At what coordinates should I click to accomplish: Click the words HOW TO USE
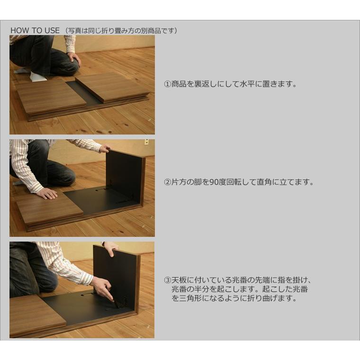click(x=35, y=30)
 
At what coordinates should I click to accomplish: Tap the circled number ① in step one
click(x=167, y=84)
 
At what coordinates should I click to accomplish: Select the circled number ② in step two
click(x=167, y=182)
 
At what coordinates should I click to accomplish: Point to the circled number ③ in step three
click(x=167, y=280)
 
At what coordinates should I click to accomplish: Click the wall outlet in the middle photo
click(x=146, y=142)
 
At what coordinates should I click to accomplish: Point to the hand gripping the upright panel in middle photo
click(x=104, y=148)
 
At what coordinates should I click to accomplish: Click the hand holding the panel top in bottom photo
click(x=110, y=248)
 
